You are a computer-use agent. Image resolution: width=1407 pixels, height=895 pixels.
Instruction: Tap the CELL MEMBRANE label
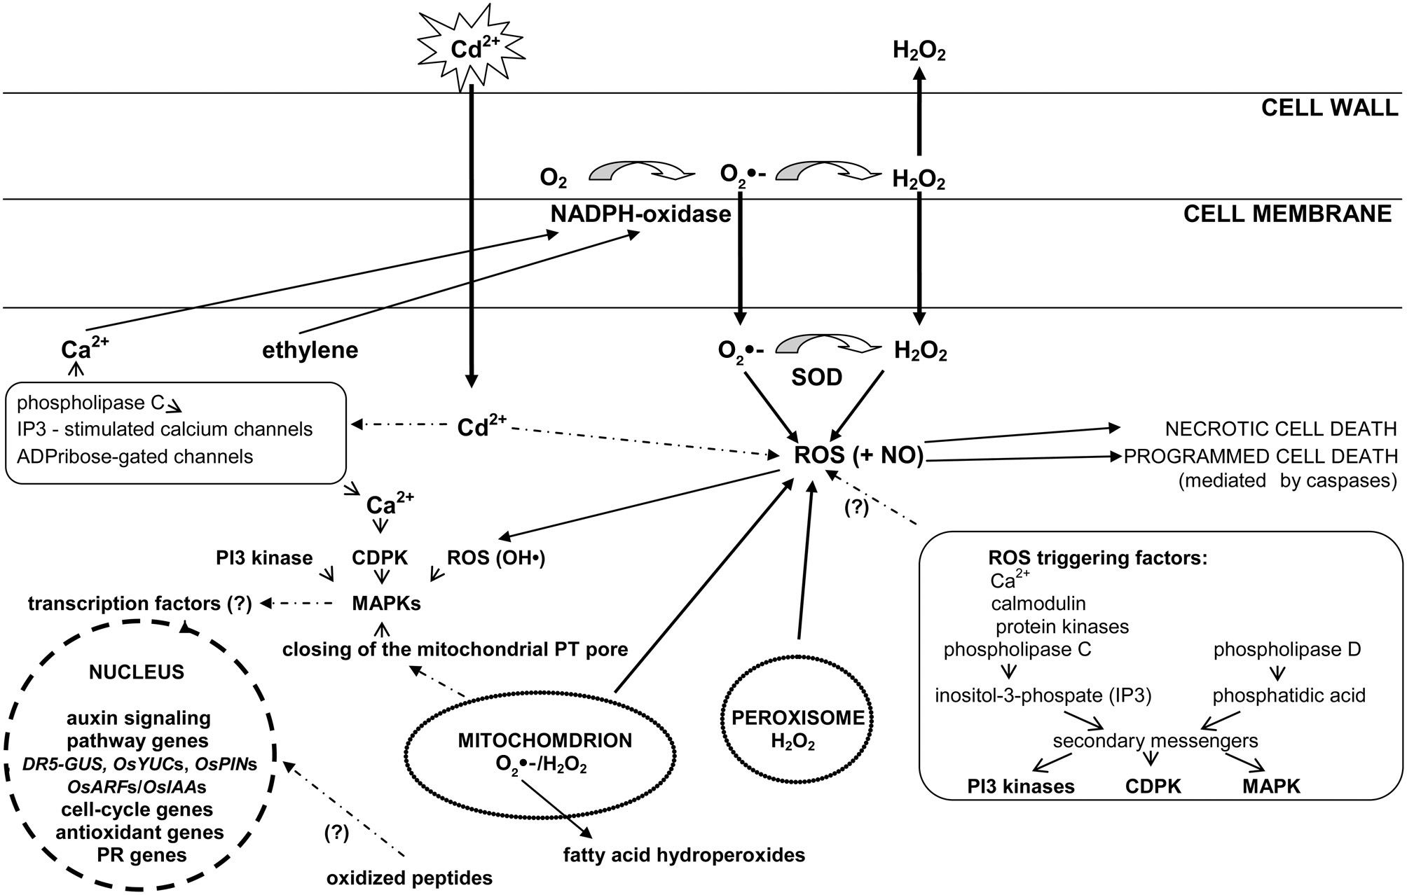click(x=1287, y=214)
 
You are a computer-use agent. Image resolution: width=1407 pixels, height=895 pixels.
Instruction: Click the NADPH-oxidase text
click(x=640, y=214)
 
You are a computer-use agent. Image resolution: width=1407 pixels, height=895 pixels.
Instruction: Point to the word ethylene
click(x=310, y=349)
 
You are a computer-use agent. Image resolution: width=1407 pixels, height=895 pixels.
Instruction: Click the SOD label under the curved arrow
click(x=816, y=378)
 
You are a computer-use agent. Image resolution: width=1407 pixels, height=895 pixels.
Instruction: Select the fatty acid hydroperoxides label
click(x=684, y=854)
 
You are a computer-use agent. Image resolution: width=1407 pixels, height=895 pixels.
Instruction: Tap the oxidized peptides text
click(x=409, y=877)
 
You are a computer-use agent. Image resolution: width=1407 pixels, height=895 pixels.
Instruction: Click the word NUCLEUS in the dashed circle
click(x=137, y=672)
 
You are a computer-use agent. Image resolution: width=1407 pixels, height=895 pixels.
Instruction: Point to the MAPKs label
click(x=386, y=603)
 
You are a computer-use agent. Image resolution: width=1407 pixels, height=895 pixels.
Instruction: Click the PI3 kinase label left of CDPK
click(x=264, y=558)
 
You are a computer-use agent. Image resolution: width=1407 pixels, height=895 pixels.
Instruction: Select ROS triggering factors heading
click(x=1098, y=558)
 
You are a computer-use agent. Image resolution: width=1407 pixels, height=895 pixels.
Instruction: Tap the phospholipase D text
click(x=1286, y=649)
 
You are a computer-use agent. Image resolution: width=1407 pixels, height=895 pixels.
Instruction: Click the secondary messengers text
click(x=1155, y=740)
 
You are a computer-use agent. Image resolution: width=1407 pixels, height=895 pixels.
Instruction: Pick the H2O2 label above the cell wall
click(x=919, y=51)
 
